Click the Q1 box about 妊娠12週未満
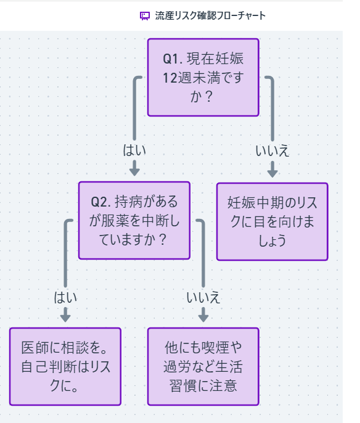pyautogui.click(x=203, y=77)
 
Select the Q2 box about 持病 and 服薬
pyautogui.click(x=134, y=220)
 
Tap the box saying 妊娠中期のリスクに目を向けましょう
pyautogui.click(x=272, y=221)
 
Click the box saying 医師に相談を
pyautogui.click(x=65, y=366)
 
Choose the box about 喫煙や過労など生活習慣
pyautogui.click(x=203, y=366)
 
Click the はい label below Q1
pyautogui.click(x=134, y=150)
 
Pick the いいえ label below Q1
pyautogui.click(x=272, y=150)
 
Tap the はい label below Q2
pyautogui.click(x=65, y=297)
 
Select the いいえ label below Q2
pyautogui.click(x=203, y=297)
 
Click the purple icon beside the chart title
pyautogui.click(x=145, y=15)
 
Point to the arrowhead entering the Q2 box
pyautogui.click(x=134, y=172)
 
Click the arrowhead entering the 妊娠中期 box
pyautogui.click(x=272, y=173)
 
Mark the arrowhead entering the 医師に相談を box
pyautogui.click(x=65, y=318)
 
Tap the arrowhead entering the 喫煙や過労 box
pyautogui.click(x=203, y=318)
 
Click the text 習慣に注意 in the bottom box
pyautogui.click(x=203, y=385)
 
